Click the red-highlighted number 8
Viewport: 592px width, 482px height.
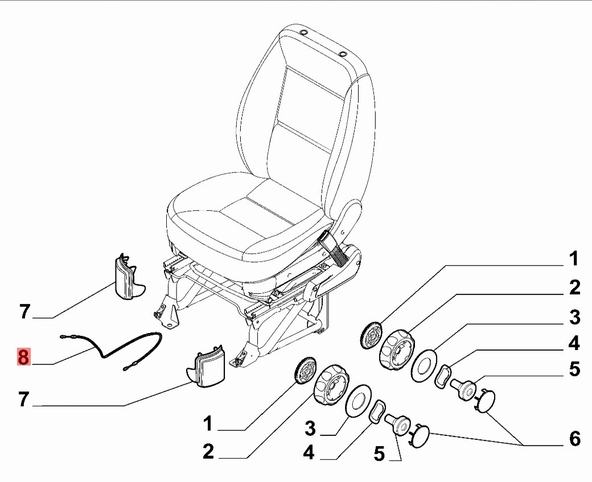[x=23, y=358]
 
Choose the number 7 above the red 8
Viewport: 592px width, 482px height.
[x=23, y=311]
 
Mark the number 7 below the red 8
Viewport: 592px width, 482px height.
[x=23, y=400]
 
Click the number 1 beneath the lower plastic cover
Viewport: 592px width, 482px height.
[x=208, y=423]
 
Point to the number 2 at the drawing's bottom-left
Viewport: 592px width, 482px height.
[x=208, y=452]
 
